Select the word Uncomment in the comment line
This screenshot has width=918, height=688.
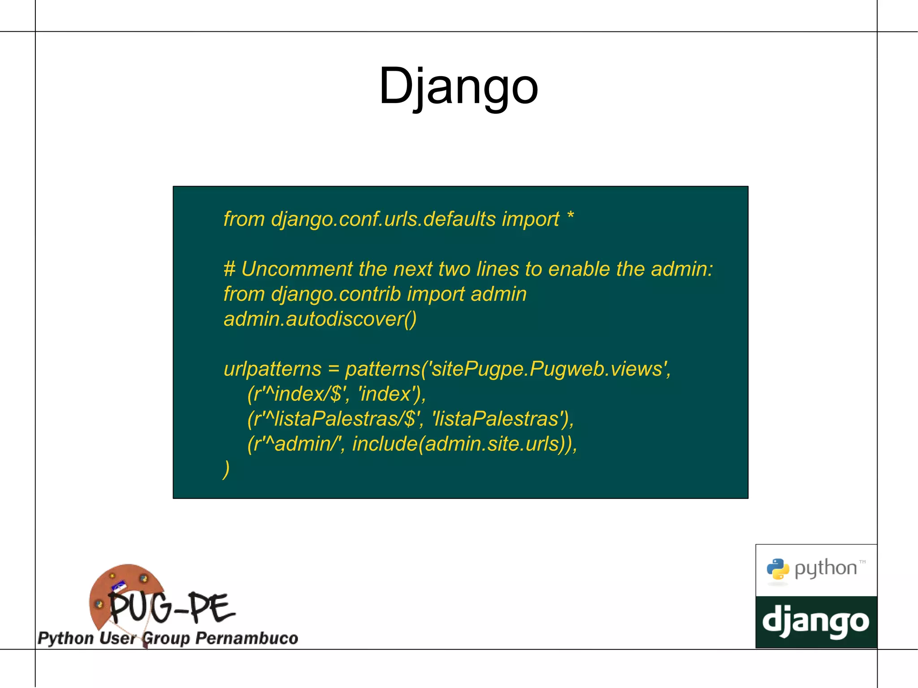tap(297, 269)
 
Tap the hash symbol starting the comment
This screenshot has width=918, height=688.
tap(229, 269)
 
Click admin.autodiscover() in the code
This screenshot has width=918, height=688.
tap(320, 319)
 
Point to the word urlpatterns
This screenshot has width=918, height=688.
tap(273, 369)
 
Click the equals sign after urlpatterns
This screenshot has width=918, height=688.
tap(333, 369)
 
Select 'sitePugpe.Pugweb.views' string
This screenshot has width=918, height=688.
tap(549, 369)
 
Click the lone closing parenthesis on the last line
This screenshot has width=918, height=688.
tap(226, 469)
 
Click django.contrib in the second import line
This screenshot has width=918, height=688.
tap(336, 294)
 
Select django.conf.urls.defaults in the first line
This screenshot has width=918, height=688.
tap(383, 219)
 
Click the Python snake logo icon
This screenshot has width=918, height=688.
tap(778, 569)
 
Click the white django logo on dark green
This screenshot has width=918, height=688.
tap(816, 622)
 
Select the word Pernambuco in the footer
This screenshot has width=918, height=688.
tap(247, 638)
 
